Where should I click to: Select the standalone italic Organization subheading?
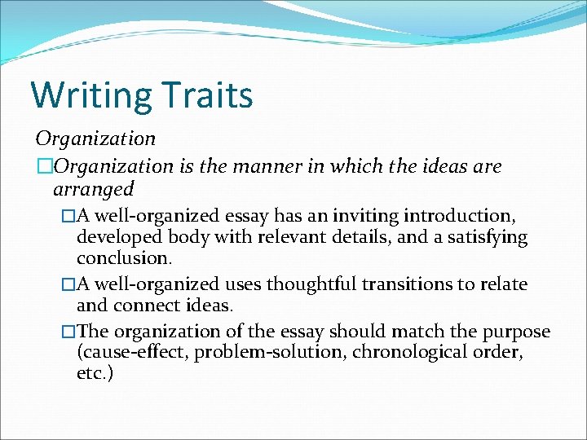tap(95, 139)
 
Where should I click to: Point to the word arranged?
tap(93, 190)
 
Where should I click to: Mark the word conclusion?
tap(124, 258)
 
